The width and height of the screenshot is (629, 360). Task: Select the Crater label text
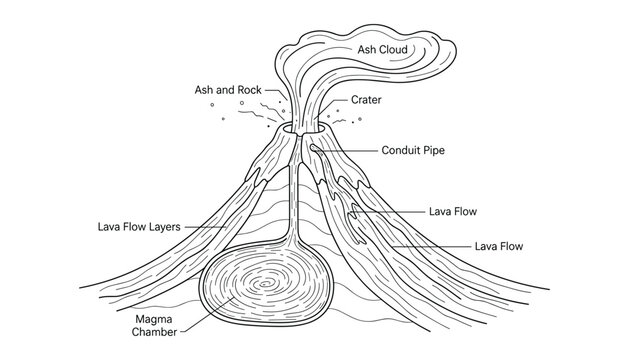pos(365,100)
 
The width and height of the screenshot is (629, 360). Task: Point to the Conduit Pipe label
pos(413,151)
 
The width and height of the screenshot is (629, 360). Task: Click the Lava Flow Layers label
pos(139,226)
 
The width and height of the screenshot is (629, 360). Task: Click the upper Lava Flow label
pos(453,212)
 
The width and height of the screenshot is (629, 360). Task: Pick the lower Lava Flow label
pos(499,245)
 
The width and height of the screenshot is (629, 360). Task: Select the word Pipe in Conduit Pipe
pos(431,151)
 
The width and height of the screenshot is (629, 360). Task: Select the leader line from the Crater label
pos(335,101)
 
